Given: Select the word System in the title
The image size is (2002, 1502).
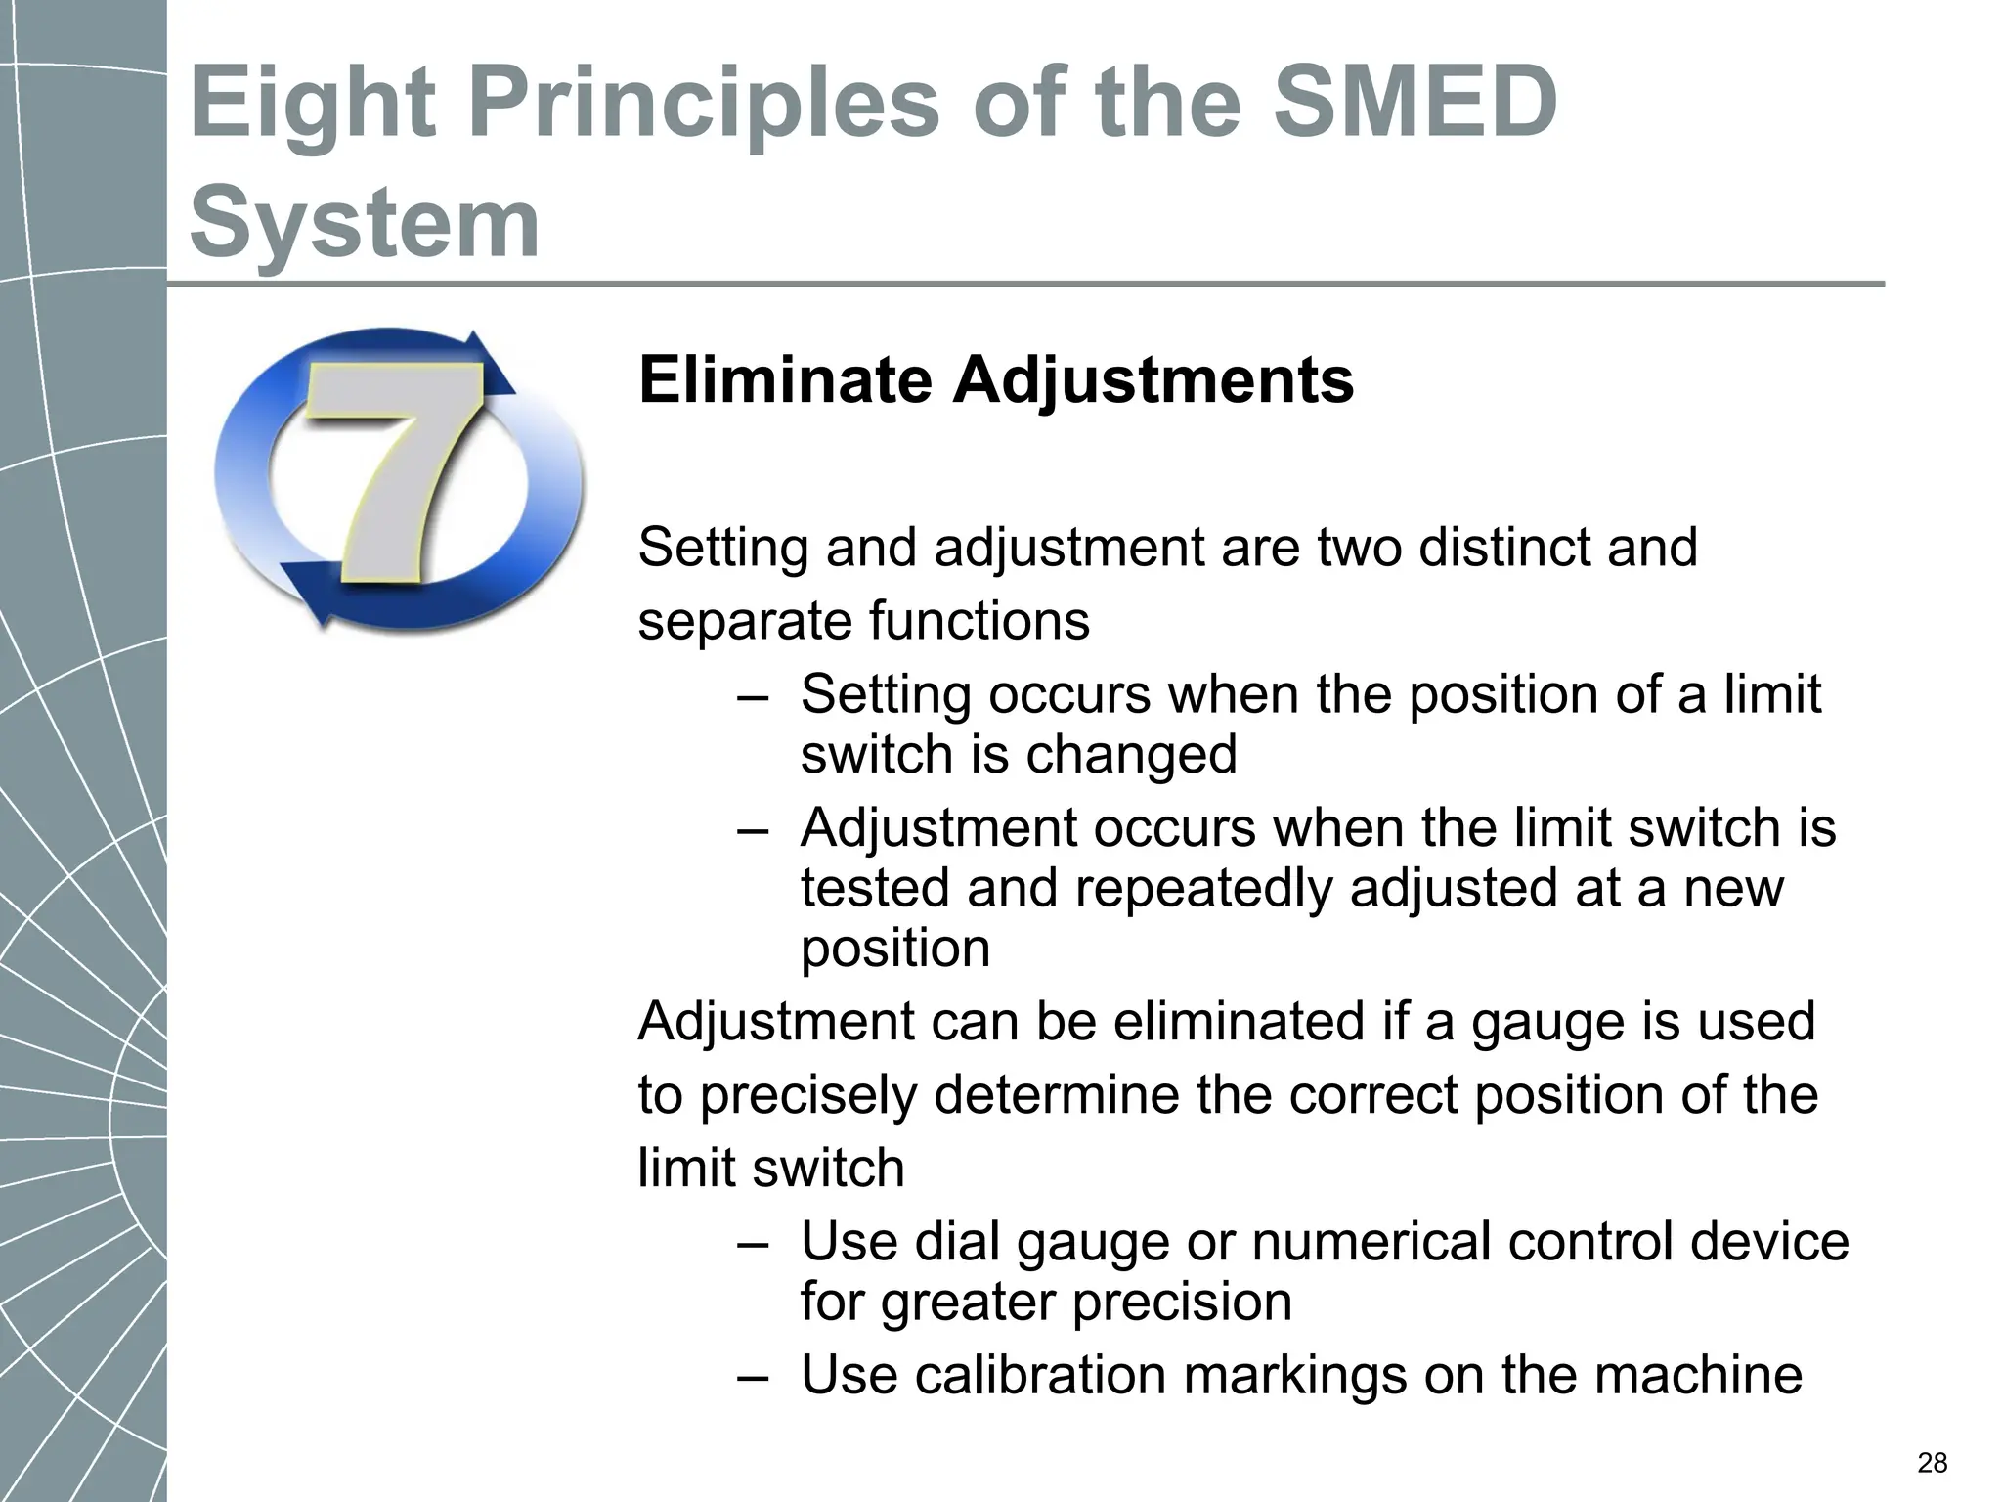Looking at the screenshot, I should (364, 223).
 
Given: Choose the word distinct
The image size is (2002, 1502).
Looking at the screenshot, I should (1501, 547).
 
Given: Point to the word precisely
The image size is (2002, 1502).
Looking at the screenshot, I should (808, 1094).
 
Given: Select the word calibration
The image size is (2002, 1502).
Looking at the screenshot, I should (1041, 1374).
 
